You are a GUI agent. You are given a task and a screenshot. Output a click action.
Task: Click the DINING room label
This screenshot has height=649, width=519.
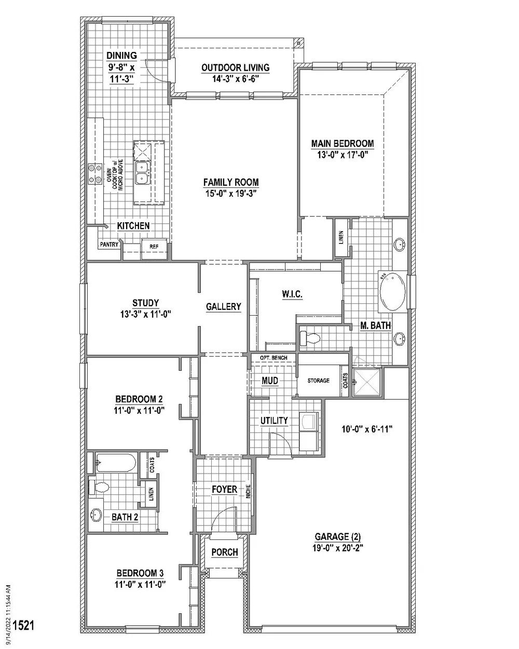pyautogui.click(x=121, y=56)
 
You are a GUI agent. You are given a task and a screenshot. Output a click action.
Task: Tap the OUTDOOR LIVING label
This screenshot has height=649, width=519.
pyautogui.click(x=235, y=67)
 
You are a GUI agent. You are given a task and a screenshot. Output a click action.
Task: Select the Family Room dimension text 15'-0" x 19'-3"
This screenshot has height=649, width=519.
pyautogui.click(x=231, y=193)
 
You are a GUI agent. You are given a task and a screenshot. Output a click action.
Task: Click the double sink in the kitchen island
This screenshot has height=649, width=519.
pyautogui.click(x=142, y=173)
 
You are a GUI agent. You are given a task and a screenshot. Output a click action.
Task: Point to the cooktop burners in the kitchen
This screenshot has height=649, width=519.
pyautogui.click(x=94, y=174)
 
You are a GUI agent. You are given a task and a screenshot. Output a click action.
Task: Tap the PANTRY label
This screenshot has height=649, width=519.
pyautogui.click(x=109, y=244)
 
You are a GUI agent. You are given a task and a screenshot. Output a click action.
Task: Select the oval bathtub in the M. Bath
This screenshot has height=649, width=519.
pyautogui.click(x=392, y=292)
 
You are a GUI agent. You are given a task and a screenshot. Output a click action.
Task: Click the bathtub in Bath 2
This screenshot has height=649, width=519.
pyautogui.click(x=116, y=463)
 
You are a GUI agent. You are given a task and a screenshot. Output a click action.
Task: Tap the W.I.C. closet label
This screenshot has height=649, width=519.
pyautogui.click(x=292, y=294)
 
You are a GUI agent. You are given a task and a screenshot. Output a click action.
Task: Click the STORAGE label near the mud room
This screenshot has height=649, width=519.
pyautogui.click(x=318, y=381)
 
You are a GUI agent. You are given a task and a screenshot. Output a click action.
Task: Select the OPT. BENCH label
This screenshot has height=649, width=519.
pyautogui.click(x=273, y=358)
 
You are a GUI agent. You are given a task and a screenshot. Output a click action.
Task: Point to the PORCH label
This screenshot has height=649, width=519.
pyautogui.click(x=225, y=552)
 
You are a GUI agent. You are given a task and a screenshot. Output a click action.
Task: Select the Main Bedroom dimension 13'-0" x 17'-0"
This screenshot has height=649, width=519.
pyautogui.click(x=343, y=155)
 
